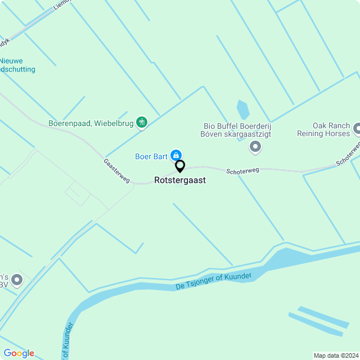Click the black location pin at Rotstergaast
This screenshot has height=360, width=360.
180,166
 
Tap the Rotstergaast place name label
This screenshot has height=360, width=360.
180,181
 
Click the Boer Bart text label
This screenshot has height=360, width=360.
151,156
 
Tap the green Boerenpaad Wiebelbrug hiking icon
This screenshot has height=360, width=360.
142,122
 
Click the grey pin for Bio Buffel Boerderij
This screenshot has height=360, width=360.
255,147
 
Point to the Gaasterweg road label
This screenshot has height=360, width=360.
116,170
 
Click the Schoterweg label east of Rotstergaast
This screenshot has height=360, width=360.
242,170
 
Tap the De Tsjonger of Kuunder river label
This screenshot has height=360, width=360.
213,281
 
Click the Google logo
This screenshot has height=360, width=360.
19,353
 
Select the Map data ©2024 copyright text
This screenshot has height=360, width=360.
336,355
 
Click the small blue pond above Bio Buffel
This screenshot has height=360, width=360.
243,109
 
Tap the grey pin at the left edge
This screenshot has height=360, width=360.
17,280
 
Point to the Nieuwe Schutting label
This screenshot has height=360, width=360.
17,65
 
